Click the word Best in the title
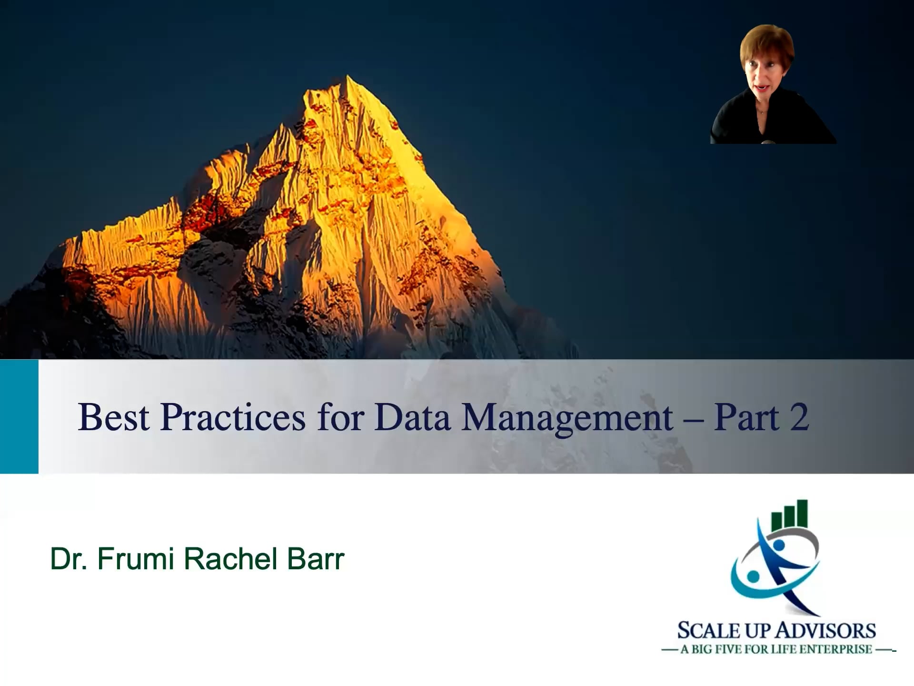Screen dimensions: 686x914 click(x=114, y=417)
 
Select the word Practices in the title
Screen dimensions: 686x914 click(x=232, y=417)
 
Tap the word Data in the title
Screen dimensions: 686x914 click(x=412, y=417)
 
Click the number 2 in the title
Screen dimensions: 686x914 click(x=799, y=417)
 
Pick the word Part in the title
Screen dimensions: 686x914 click(x=746, y=417)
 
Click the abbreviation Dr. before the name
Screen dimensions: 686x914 click(x=69, y=559)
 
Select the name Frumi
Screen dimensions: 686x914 click(x=136, y=559)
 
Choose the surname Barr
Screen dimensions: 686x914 click(x=315, y=559)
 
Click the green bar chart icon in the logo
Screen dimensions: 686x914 click(x=790, y=515)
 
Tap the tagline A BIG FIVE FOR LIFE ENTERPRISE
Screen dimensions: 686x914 click(x=776, y=650)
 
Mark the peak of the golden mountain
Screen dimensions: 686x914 click(x=348, y=77)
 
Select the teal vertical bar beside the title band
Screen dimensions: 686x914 click(x=19, y=416)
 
